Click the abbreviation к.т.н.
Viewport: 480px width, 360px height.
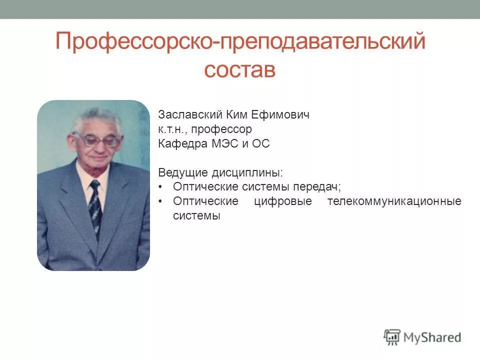coord(171,129)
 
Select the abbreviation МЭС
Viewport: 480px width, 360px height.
coord(222,144)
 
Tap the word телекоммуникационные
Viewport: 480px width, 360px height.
coord(394,201)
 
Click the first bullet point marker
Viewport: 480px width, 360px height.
coord(160,187)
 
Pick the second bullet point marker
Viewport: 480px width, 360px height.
coord(160,201)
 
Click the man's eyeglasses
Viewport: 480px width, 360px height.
coord(96,140)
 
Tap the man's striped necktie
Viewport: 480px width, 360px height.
coord(94,205)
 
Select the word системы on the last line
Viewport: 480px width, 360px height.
coord(196,216)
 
